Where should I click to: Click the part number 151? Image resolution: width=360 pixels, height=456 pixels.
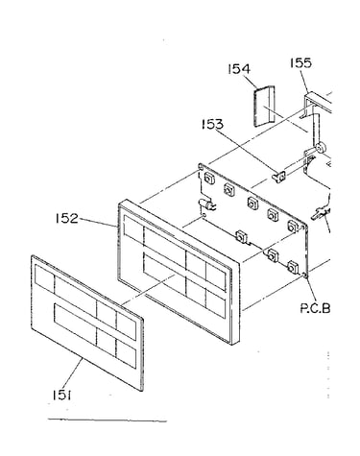[x=61, y=396]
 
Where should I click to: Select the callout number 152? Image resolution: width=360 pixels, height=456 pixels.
[x=66, y=218]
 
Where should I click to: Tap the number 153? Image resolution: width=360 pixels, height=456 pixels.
[x=212, y=124]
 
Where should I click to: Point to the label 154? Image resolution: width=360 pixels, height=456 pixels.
[x=239, y=69]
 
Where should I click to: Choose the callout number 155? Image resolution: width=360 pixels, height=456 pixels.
[x=300, y=62]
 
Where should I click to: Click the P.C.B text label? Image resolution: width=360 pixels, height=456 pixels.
[x=315, y=308]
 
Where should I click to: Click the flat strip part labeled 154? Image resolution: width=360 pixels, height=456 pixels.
[x=264, y=107]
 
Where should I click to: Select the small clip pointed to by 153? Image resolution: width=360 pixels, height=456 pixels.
[x=278, y=176]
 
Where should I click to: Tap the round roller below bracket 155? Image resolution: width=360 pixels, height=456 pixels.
[x=320, y=148]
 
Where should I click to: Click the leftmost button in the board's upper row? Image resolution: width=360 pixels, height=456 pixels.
[x=209, y=178]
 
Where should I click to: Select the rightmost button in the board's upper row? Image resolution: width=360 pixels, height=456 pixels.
[x=293, y=227]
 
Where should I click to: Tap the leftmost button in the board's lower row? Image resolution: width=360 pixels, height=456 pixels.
[x=241, y=237]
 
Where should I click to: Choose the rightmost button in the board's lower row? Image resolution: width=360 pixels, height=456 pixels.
[x=293, y=267]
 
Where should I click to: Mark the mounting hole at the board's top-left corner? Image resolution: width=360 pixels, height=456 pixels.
[x=201, y=166]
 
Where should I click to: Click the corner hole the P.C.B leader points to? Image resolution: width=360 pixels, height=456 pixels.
[x=305, y=275]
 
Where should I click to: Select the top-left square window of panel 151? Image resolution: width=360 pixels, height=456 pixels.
[x=44, y=277]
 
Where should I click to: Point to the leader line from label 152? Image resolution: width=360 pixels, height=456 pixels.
[x=97, y=222]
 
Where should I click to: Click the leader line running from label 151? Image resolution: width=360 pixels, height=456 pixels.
[x=73, y=373]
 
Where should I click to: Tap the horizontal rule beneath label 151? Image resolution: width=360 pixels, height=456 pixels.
[x=108, y=420]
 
